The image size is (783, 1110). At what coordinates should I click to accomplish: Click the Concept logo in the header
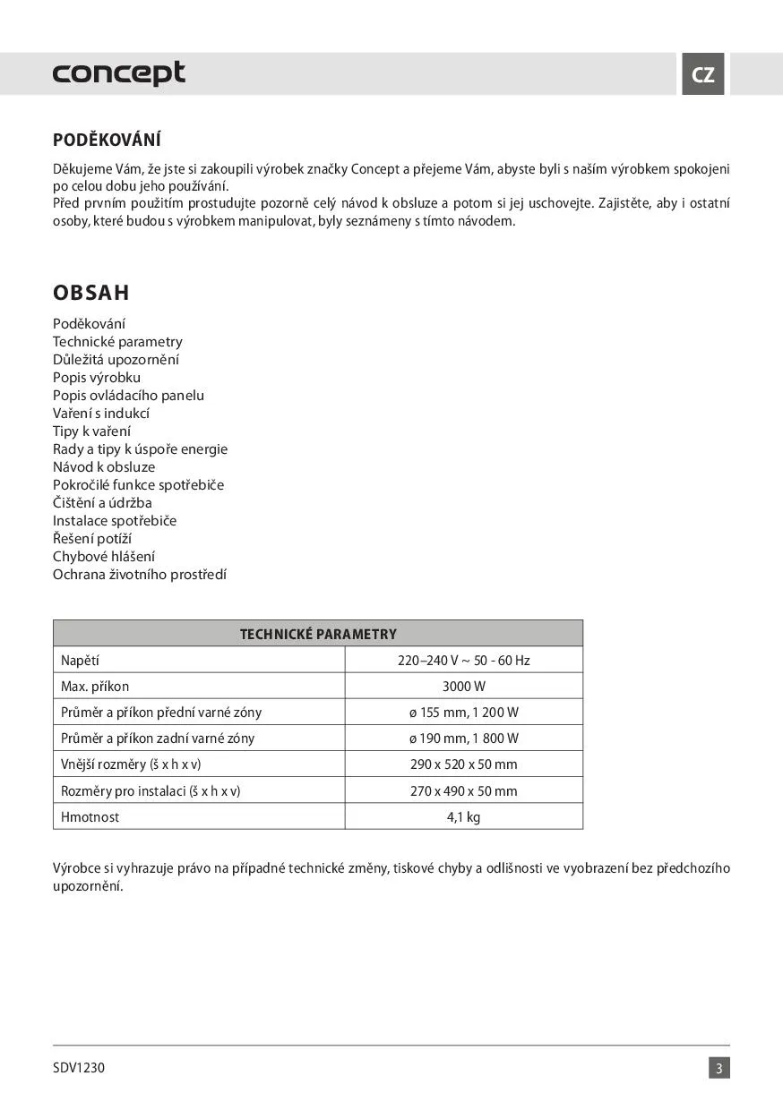(x=118, y=73)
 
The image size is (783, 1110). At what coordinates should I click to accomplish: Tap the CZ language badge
(x=703, y=74)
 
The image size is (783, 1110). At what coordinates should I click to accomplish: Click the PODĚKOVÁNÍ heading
(x=107, y=141)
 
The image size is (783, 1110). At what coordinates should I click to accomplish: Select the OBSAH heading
(x=90, y=293)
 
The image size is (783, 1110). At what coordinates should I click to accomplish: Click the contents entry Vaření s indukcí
(x=100, y=414)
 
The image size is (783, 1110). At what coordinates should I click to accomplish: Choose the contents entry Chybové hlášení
(x=104, y=557)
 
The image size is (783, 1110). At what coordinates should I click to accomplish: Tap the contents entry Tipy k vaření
(x=91, y=431)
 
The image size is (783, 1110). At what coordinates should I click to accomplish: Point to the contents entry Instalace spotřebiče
(x=115, y=521)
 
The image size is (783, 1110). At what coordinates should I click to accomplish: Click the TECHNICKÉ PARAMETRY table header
(x=318, y=634)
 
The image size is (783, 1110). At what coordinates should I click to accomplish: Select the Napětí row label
(x=80, y=661)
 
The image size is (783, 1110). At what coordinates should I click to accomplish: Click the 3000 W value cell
(x=463, y=687)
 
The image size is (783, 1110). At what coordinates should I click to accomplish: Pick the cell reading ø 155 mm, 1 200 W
(x=463, y=713)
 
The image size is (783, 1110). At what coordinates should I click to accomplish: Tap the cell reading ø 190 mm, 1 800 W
(x=463, y=739)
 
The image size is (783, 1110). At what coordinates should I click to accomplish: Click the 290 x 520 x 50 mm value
(x=463, y=764)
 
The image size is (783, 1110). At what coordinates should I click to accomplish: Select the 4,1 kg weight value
(x=463, y=816)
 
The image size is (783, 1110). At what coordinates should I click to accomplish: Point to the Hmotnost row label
(x=90, y=816)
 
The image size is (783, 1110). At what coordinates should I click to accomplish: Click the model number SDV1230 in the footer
(x=79, y=1068)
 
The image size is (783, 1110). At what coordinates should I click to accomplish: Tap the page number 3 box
(x=719, y=1068)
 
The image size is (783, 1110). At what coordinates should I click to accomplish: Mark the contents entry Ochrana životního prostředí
(x=140, y=575)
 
